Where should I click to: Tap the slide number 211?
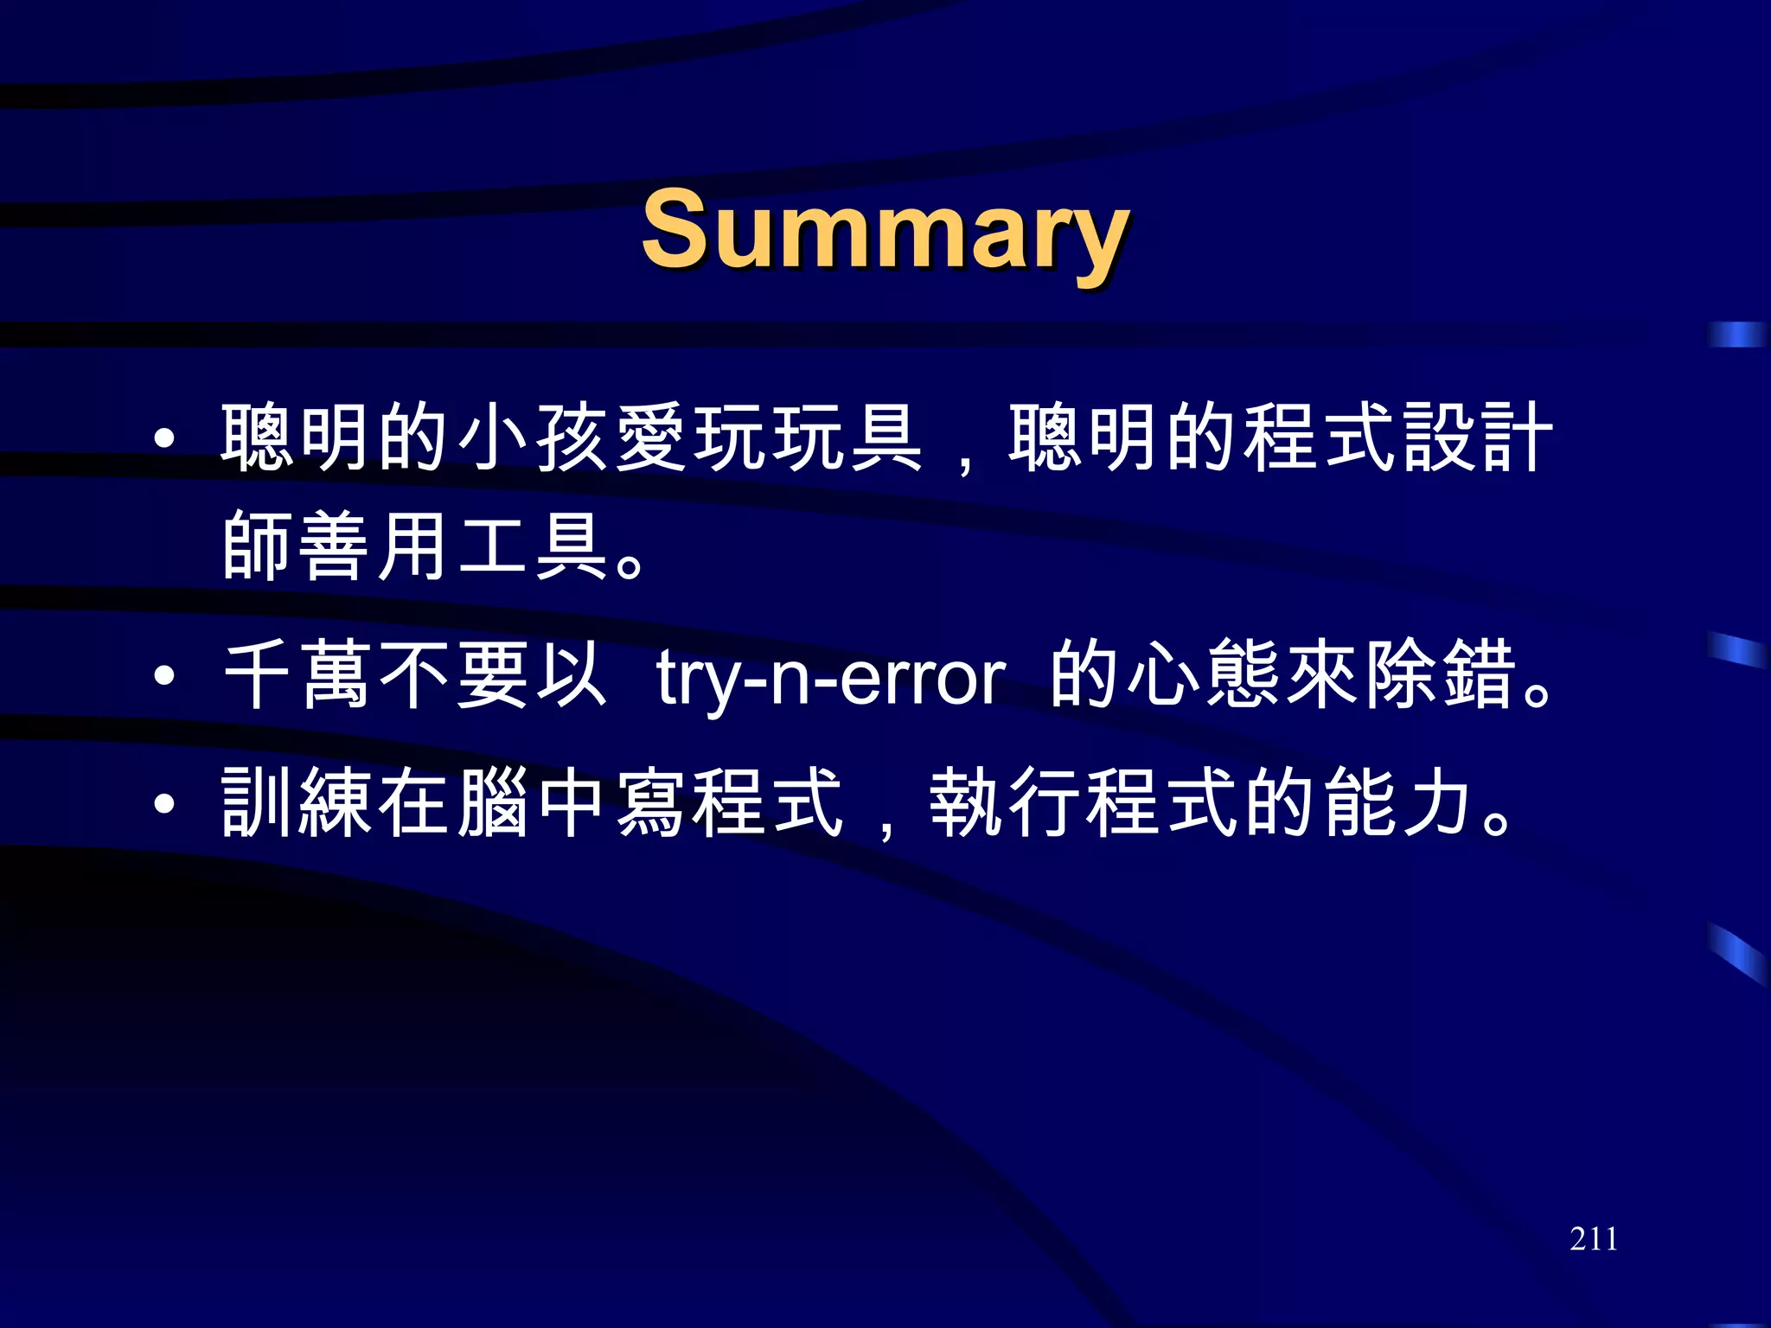1593,1239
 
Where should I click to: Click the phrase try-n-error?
830,677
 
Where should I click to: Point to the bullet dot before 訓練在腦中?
164,805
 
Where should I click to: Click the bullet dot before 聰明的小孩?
164,438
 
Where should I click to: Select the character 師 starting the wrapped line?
258,546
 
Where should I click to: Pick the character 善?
336,546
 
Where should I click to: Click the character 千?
258,675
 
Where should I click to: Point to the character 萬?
336,675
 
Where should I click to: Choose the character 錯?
1480,675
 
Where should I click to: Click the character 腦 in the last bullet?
494,803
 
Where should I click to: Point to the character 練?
336,803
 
